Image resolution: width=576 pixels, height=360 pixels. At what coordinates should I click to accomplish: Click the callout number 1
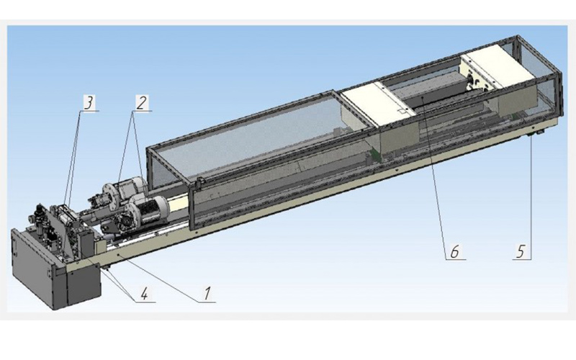(x=207, y=294)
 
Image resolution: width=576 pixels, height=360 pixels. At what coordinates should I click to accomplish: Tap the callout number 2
(x=141, y=103)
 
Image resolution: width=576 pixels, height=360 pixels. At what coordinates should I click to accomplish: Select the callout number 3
(x=89, y=103)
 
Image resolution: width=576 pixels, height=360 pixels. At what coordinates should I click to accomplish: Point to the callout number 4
(x=145, y=294)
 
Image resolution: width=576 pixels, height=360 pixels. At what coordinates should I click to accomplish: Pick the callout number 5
(x=521, y=252)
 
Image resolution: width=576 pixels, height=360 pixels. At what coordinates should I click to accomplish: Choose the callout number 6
(x=455, y=252)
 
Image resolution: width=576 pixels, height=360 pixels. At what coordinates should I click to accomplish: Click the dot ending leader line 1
(x=118, y=253)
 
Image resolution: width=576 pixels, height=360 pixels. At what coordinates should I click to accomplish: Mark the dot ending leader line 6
(x=423, y=98)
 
